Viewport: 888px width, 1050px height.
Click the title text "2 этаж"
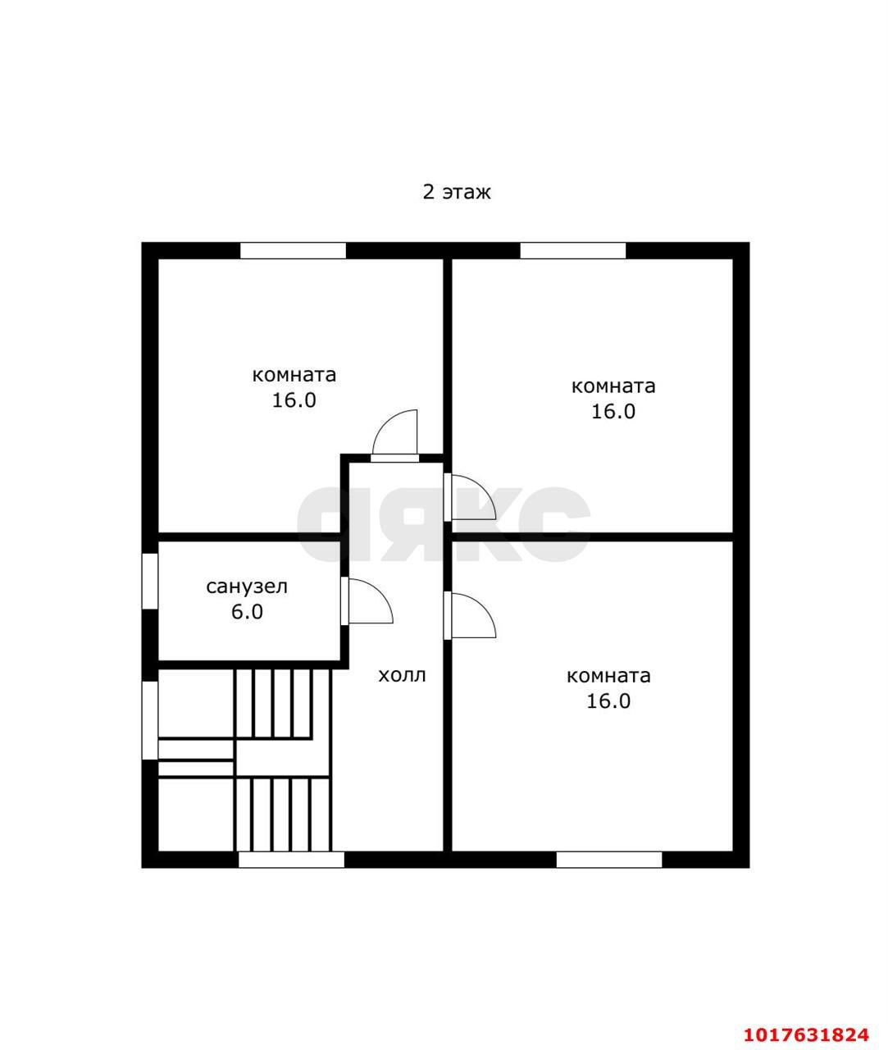click(457, 193)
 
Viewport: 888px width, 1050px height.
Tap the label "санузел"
click(247, 587)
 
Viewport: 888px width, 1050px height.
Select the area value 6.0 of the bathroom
click(247, 612)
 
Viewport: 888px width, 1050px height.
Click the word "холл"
click(402, 676)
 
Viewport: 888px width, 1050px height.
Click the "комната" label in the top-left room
click(294, 376)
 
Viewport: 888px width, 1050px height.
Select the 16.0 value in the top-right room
click(612, 412)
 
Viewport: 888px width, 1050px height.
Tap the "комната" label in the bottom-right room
click(608, 676)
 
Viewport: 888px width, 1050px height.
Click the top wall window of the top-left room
click(293, 250)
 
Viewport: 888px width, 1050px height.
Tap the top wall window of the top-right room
click(572, 250)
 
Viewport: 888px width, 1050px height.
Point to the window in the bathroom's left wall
click(150, 581)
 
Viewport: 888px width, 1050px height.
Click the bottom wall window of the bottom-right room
click(609, 860)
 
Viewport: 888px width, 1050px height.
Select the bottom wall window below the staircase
click(291, 860)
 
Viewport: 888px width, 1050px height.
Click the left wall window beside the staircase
click(150, 719)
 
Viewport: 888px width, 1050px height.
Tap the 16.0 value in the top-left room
click(294, 400)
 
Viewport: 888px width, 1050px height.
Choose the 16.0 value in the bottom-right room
click(608, 701)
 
